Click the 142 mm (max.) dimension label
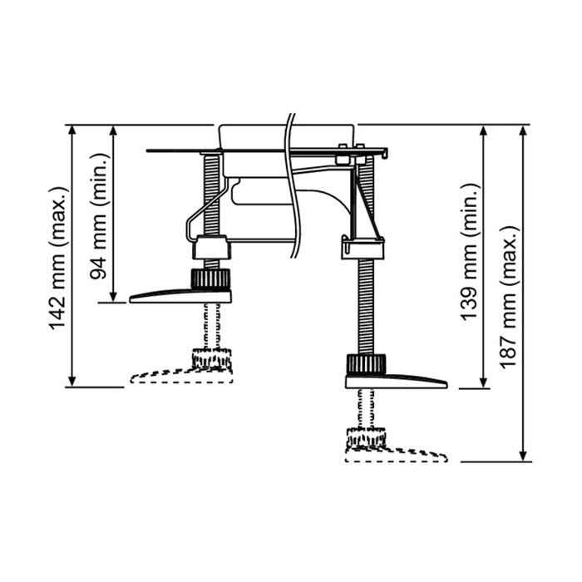(58, 257)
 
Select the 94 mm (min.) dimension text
(100, 216)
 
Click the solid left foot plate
(180, 296)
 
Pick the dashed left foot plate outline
(181, 375)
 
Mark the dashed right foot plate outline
(397, 455)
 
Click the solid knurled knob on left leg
(210, 279)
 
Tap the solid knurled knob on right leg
(367, 364)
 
